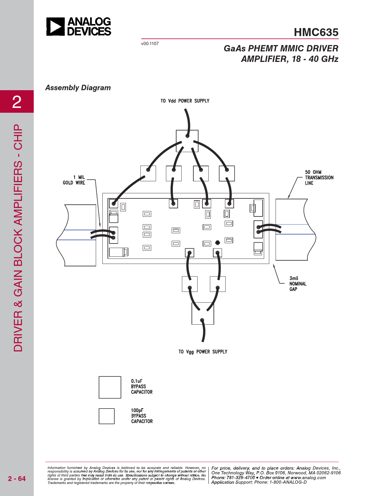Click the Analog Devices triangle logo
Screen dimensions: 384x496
[x=55, y=26]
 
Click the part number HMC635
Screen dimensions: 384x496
[x=316, y=32]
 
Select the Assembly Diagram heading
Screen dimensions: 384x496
[x=78, y=88]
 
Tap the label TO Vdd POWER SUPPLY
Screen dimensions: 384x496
[x=185, y=101]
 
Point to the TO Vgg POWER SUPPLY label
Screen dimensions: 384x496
[x=203, y=352]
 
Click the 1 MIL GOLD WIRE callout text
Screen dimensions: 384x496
[x=74, y=180]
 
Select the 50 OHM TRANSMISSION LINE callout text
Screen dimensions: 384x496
[x=319, y=177]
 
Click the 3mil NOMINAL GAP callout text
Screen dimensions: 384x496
[x=298, y=283]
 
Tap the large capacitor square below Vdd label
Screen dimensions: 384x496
[x=187, y=141]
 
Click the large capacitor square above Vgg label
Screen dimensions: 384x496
[x=203, y=314]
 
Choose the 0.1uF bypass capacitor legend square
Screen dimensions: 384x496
[x=110, y=387]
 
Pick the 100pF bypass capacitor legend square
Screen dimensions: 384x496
[x=107, y=416]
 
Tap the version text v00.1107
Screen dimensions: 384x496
[x=150, y=44]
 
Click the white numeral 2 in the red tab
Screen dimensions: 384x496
[x=17, y=102]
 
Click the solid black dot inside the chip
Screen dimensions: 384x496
[x=217, y=243]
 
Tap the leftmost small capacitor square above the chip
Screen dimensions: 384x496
[x=148, y=173]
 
